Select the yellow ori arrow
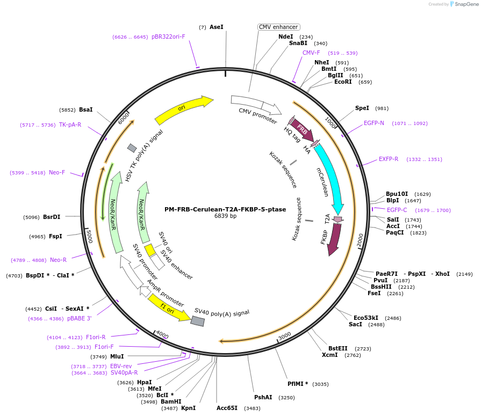tap(183, 109)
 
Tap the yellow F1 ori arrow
tap(168, 308)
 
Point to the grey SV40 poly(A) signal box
tap(198, 321)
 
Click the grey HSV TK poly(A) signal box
tap(132, 148)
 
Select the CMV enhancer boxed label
tap(278, 27)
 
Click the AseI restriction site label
tap(216, 27)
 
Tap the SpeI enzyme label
tap(362, 108)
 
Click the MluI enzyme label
tap(117, 356)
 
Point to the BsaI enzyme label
tap(86, 109)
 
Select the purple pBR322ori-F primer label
tap(168, 36)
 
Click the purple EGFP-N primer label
tap(374, 123)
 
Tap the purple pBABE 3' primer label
tap(79, 318)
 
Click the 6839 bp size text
tap(225, 216)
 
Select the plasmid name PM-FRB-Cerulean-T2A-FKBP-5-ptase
tap(225, 209)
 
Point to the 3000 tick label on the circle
tap(284, 335)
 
